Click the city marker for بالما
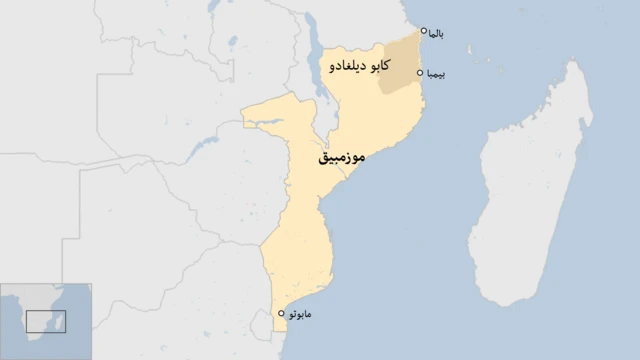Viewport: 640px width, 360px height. tap(424, 31)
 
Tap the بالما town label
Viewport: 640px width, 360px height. tap(436, 34)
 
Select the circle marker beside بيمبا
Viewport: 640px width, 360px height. tap(421, 73)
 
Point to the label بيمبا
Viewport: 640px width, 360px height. tap(436, 74)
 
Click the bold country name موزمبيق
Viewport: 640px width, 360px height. tap(341, 159)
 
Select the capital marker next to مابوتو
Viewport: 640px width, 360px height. tap(281, 313)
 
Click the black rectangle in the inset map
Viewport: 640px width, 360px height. tap(46, 321)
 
